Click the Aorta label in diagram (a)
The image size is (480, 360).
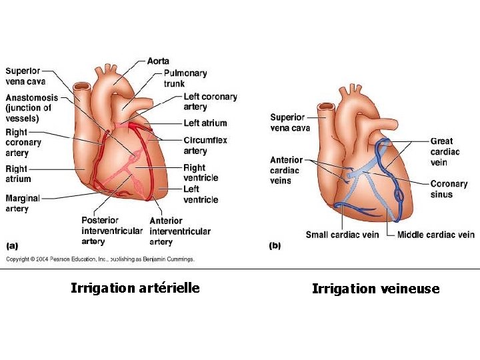pos(158,61)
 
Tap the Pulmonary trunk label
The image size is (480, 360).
pos(185,79)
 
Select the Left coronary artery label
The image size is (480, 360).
pos(210,102)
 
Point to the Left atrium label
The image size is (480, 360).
pos(205,123)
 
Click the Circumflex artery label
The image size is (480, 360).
pos(205,146)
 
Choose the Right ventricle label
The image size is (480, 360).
pos(200,173)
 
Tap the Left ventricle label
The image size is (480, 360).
pos(200,195)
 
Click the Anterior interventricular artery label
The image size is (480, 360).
pos(180,231)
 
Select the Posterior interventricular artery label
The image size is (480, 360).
pos(111,231)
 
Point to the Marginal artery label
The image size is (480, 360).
pos(22,203)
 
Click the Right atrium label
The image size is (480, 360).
pos(18,174)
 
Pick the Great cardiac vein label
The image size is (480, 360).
pos(445,151)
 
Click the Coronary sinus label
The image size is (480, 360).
pos(449,189)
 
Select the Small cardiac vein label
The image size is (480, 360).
pos(342,235)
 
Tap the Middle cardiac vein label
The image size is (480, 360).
pos(435,235)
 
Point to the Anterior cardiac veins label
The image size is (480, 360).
pos(286,170)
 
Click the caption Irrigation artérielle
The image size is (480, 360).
pos(135,288)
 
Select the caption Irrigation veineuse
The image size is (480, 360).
pos(375,289)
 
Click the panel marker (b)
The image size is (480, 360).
pos(275,246)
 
